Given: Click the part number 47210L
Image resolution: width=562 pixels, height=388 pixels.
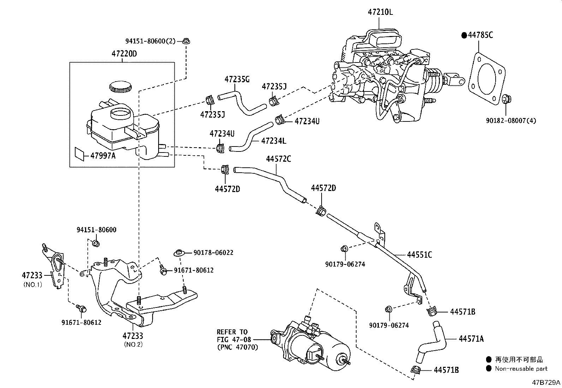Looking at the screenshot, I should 380,12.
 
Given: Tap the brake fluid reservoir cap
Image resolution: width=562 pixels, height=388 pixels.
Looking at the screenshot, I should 120,86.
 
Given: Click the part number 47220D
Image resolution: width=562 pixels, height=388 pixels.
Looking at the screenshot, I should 124,54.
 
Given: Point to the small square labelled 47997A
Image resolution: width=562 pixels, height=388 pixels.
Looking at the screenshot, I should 79,154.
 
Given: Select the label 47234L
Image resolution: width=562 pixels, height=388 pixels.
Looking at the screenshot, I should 274,141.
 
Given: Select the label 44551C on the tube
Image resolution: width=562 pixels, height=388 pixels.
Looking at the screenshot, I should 419,255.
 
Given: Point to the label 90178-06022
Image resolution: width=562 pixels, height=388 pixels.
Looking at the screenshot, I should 213,253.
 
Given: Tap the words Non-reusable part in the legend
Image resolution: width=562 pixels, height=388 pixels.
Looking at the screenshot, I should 521,369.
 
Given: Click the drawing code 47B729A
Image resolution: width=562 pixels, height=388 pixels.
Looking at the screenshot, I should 546,382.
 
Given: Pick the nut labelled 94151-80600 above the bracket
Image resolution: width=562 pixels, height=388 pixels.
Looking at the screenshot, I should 95,243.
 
